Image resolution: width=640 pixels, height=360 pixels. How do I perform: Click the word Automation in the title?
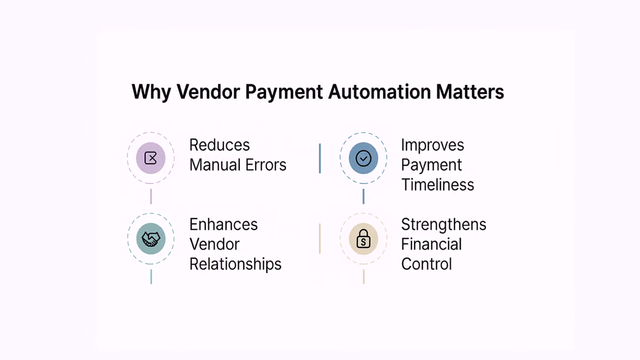point(380,92)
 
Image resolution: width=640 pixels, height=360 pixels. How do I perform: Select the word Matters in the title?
point(470,92)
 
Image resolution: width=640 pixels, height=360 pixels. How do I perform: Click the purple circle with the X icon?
point(150,158)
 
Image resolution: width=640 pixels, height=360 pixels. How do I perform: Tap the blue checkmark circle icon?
point(363,158)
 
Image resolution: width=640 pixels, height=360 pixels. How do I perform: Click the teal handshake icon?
point(151,238)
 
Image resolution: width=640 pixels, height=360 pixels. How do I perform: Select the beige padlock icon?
point(363,238)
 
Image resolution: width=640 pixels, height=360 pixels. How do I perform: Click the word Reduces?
point(219,145)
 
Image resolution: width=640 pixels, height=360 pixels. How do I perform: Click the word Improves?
point(433,146)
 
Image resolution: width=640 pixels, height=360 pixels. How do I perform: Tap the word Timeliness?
point(438,185)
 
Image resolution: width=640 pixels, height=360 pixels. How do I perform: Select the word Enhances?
point(223,225)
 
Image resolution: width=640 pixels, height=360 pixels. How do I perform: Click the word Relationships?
point(235,265)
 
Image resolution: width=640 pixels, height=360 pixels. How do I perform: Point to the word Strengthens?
point(444,225)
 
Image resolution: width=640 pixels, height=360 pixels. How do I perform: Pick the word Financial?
point(431,244)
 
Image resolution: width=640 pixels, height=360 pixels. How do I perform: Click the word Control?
point(427,265)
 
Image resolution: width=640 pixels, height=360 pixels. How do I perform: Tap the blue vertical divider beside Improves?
point(319,158)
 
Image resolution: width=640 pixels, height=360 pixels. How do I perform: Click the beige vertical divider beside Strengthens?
point(319,238)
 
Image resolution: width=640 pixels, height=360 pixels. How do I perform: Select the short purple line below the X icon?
point(151,197)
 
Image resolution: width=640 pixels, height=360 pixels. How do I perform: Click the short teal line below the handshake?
point(151,277)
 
